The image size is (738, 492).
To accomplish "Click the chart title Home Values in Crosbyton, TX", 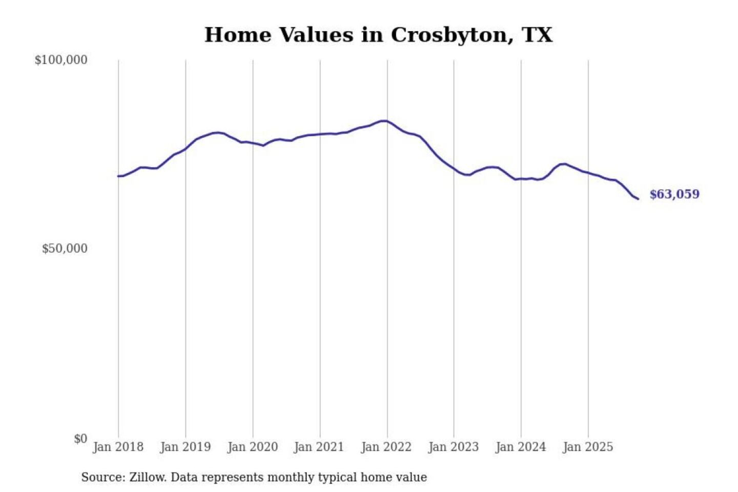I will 378,35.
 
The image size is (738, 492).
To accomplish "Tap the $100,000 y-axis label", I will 61,60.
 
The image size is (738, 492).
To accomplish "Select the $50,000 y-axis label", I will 65,249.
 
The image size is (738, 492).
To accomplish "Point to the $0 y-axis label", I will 80,439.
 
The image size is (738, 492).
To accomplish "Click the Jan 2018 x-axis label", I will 118,447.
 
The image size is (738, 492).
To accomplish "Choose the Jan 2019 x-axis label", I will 185,447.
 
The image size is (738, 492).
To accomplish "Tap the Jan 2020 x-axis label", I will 252,447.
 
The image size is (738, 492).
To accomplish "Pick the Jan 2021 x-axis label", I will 319,447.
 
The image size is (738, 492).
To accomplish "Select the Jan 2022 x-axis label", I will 386,447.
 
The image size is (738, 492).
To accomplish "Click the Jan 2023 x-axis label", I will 453,447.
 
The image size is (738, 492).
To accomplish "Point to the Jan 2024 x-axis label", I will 520,447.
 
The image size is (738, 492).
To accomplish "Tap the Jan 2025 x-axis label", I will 587,447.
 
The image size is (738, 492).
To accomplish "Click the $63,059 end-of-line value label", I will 674,194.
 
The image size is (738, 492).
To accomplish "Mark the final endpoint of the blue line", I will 638,199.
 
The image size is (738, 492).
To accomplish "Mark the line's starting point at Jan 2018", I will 118,176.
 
